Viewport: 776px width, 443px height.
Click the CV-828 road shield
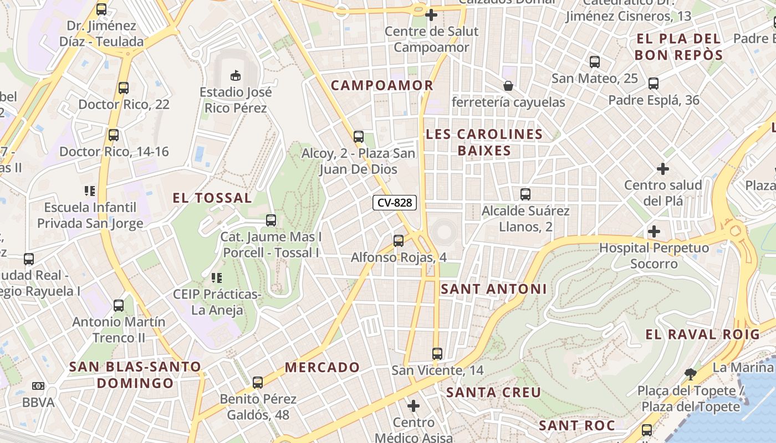point(395,203)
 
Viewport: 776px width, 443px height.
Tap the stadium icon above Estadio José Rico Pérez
point(236,75)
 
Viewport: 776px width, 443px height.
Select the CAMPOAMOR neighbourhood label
point(382,85)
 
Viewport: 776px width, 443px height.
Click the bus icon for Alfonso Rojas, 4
point(399,241)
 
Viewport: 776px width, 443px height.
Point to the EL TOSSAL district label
point(212,198)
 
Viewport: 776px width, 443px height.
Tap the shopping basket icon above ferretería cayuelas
point(508,86)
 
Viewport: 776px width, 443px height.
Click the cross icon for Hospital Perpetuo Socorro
point(654,231)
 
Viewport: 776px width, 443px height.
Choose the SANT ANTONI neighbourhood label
point(493,289)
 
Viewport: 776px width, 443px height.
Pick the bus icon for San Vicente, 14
point(437,353)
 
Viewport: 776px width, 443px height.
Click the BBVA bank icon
point(38,385)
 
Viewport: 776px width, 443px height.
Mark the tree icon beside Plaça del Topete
point(690,374)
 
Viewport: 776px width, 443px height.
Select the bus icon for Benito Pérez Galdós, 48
point(258,382)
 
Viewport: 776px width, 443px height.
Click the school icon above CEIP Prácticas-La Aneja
point(216,277)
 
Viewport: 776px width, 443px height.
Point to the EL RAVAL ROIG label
point(702,334)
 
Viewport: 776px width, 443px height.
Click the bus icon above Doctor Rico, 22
point(124,88)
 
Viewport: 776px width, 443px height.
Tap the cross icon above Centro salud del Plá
point(663,168)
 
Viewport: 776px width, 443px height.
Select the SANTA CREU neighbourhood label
point(493,393)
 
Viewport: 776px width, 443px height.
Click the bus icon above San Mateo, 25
point(595,62)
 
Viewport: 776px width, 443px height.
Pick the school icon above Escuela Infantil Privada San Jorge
point(90,191)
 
